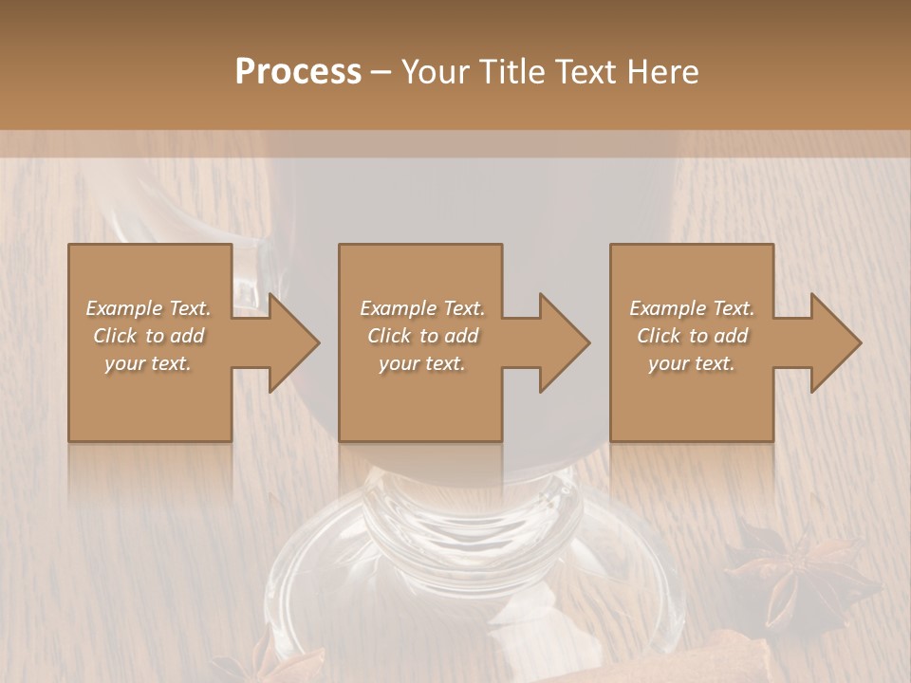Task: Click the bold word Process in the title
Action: (x=298, y=72)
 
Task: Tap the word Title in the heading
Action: (x=511, y=72)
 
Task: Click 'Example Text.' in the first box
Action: (x=149, y=308)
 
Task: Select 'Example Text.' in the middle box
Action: (x=422, y=308)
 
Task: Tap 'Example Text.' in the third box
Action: (x=692, y=308)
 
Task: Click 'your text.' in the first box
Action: (x=149, y=363)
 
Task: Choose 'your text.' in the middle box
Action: (x=422, y=363)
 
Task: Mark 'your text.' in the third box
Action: (x=692, y=363)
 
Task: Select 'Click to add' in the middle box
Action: (x=422, y=336)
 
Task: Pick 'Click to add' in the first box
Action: (x=149, y=336)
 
